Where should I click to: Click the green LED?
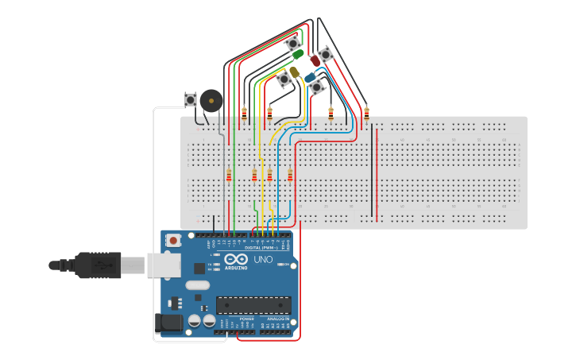297,55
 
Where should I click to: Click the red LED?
315,60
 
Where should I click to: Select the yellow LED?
295,72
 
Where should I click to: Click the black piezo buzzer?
211,100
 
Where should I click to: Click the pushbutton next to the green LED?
293,43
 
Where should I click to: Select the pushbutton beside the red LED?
326,54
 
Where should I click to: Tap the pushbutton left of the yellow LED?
284,79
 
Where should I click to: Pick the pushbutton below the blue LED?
317,87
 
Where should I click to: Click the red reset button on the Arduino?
172,239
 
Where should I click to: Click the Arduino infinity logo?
236,260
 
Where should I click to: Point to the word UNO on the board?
263,260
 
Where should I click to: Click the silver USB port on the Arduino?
164,265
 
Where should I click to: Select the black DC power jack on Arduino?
170,322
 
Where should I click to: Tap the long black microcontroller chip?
253,305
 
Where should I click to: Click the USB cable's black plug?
99,265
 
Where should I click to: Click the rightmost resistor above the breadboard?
366,112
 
